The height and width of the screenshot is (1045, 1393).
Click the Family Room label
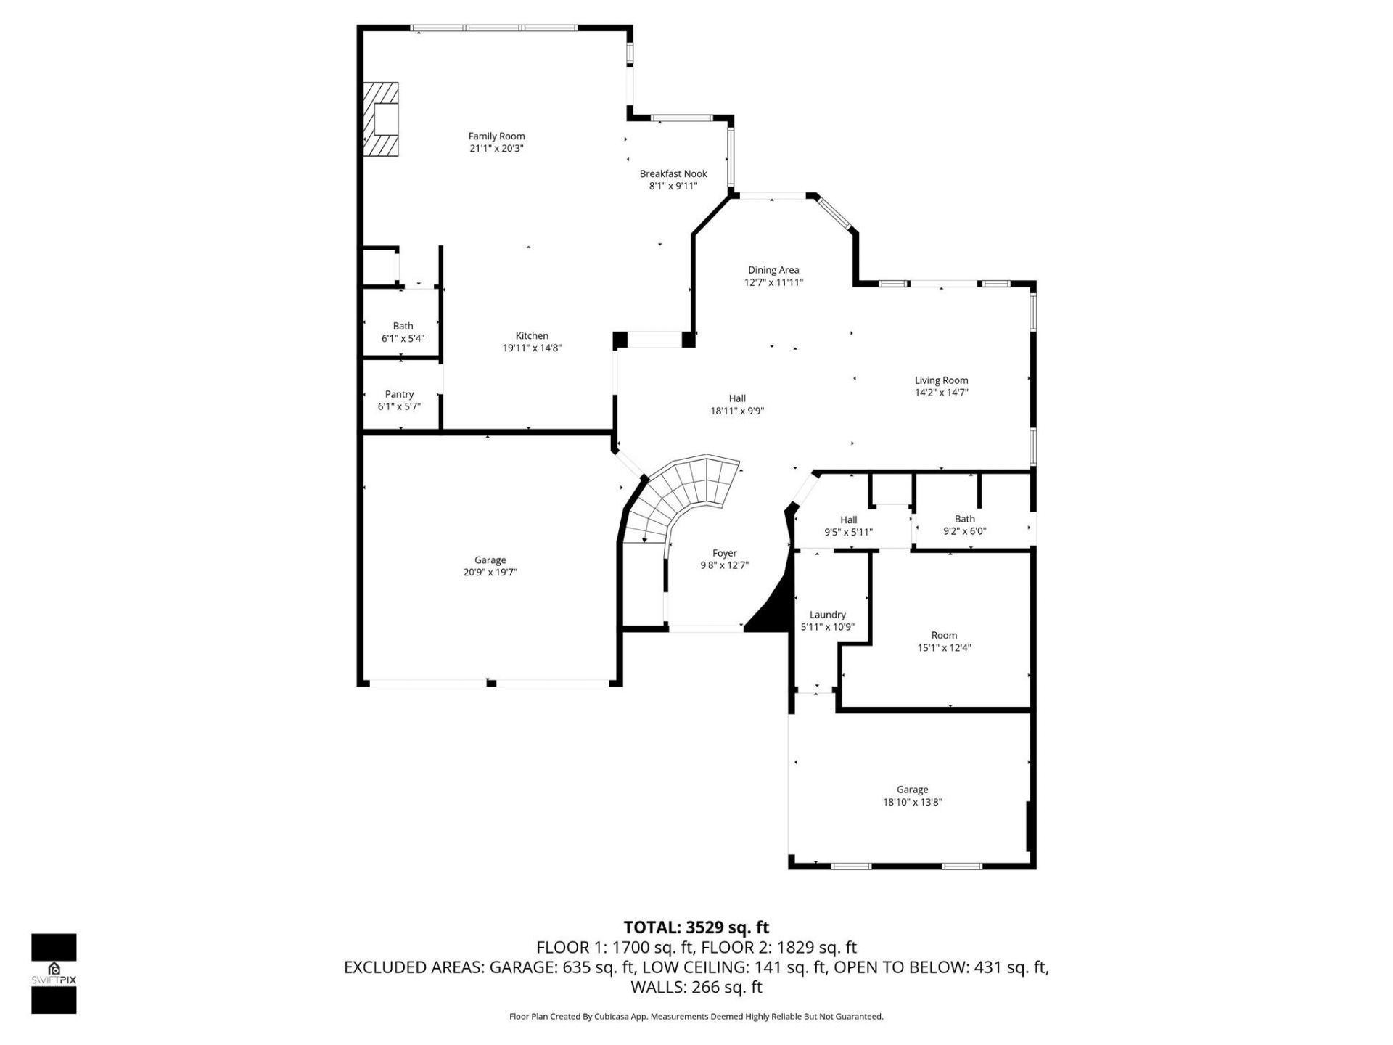[x=496, y=136]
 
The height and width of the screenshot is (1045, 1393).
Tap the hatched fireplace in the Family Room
[x=382, y=119]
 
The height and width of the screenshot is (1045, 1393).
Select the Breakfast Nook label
[x=673, y=174]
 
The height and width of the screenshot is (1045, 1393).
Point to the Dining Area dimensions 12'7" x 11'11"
[x=773, y=283]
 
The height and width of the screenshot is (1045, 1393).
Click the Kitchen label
[x=532, y=336]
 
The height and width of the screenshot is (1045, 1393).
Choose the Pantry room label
[x=399, y=395]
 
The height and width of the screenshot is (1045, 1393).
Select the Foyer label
[x=724, y=554]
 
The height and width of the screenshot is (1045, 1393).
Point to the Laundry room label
[x=827, y=615]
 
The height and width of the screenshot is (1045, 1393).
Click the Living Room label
[x=941, y=380]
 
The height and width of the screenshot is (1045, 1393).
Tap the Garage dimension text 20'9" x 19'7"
[x=490, y=573]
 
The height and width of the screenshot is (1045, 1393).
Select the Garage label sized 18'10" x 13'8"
[x=912, y=790]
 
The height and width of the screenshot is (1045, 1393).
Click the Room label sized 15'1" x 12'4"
[x=944, y=636]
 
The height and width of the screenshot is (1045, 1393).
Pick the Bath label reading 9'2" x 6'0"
[x=964, y=519]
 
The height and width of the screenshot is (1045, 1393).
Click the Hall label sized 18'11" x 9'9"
[x=737, y=398]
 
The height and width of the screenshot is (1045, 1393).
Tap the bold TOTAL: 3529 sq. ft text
[x=696, y=927]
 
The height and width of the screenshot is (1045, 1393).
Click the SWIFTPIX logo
[x=54, y=973]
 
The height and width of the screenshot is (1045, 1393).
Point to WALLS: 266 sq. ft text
[x=696, y=987]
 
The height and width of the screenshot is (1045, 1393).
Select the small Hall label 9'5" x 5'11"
[x=848, y=520]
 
